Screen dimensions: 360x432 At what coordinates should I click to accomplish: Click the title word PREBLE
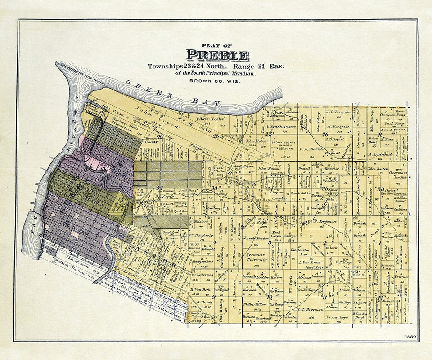[x=218, y=56]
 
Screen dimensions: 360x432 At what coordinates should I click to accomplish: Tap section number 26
[x=325, y=134]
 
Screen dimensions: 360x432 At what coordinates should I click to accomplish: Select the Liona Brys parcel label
[x=337, y=317]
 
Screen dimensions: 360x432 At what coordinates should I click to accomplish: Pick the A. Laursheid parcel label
[x=380, y=154]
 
